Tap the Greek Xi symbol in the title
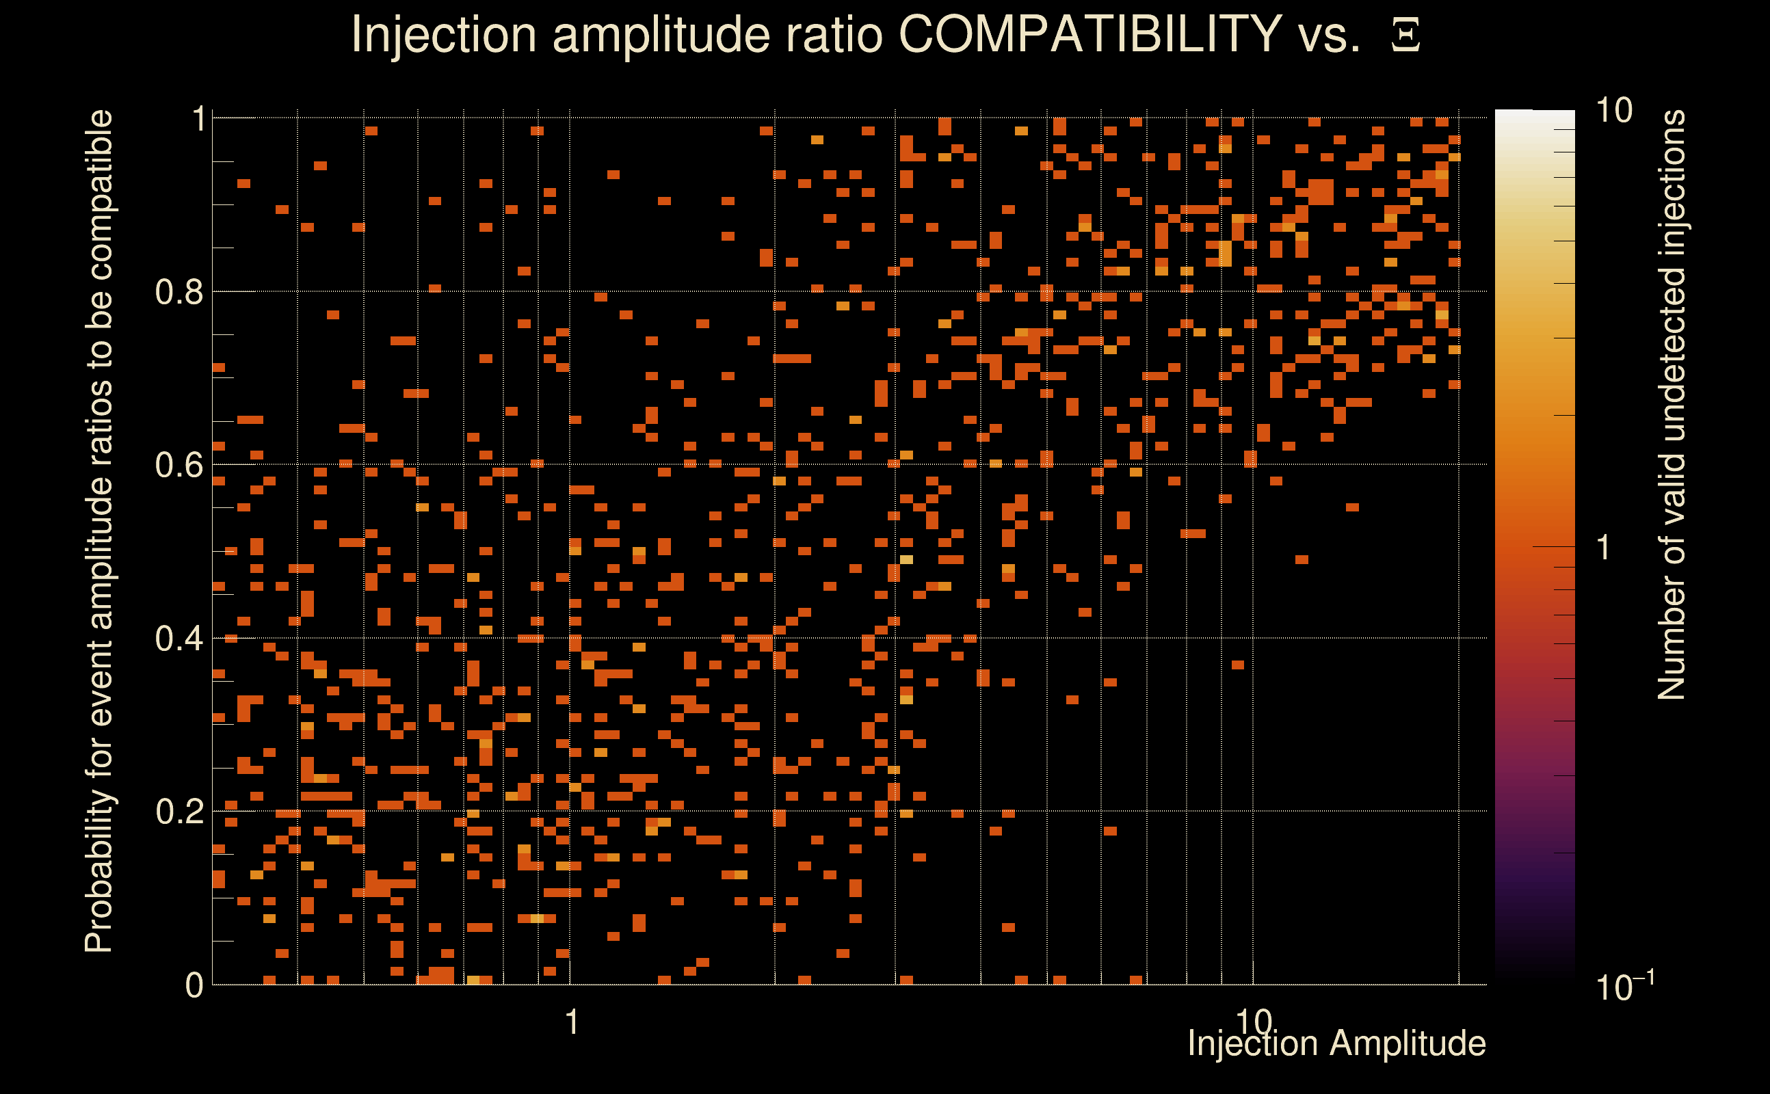pyautogui.click(x=1405, y=35)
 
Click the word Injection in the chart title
pyautogui.click(x=443, y=35)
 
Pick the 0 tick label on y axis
pyautogui.click(x=194, y=985)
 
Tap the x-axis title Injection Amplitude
pyautogui.click(x=1336, y=1043)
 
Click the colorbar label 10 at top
pyautogui.click(x=1613, y=111)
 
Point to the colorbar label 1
pyautogui.click(x=1604, y=548)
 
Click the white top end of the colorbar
pyautogui.click(x=1534, y=116)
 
